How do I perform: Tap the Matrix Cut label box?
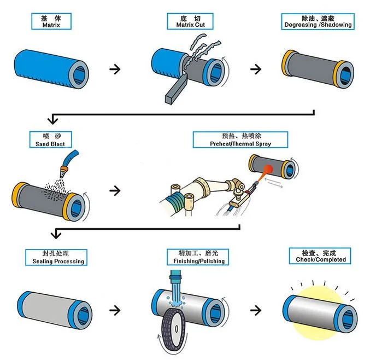coord(189,21)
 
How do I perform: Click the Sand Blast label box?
coord(50,140)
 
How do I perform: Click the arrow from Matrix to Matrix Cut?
coord(115,69)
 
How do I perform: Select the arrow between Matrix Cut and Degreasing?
coord(255,69)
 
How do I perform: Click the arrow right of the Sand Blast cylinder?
coord(115,190)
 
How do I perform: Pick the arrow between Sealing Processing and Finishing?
coord(115,310)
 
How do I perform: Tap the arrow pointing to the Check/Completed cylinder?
coord(255,310)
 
